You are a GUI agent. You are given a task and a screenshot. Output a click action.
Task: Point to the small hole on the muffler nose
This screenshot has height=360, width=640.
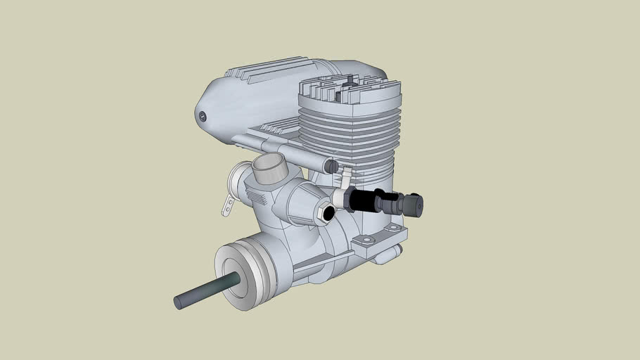(203, 116)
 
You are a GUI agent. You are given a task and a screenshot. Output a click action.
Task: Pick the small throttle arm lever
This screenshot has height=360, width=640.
(227, 205)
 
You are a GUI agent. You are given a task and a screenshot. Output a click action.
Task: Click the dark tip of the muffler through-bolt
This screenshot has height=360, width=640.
(331, 166)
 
